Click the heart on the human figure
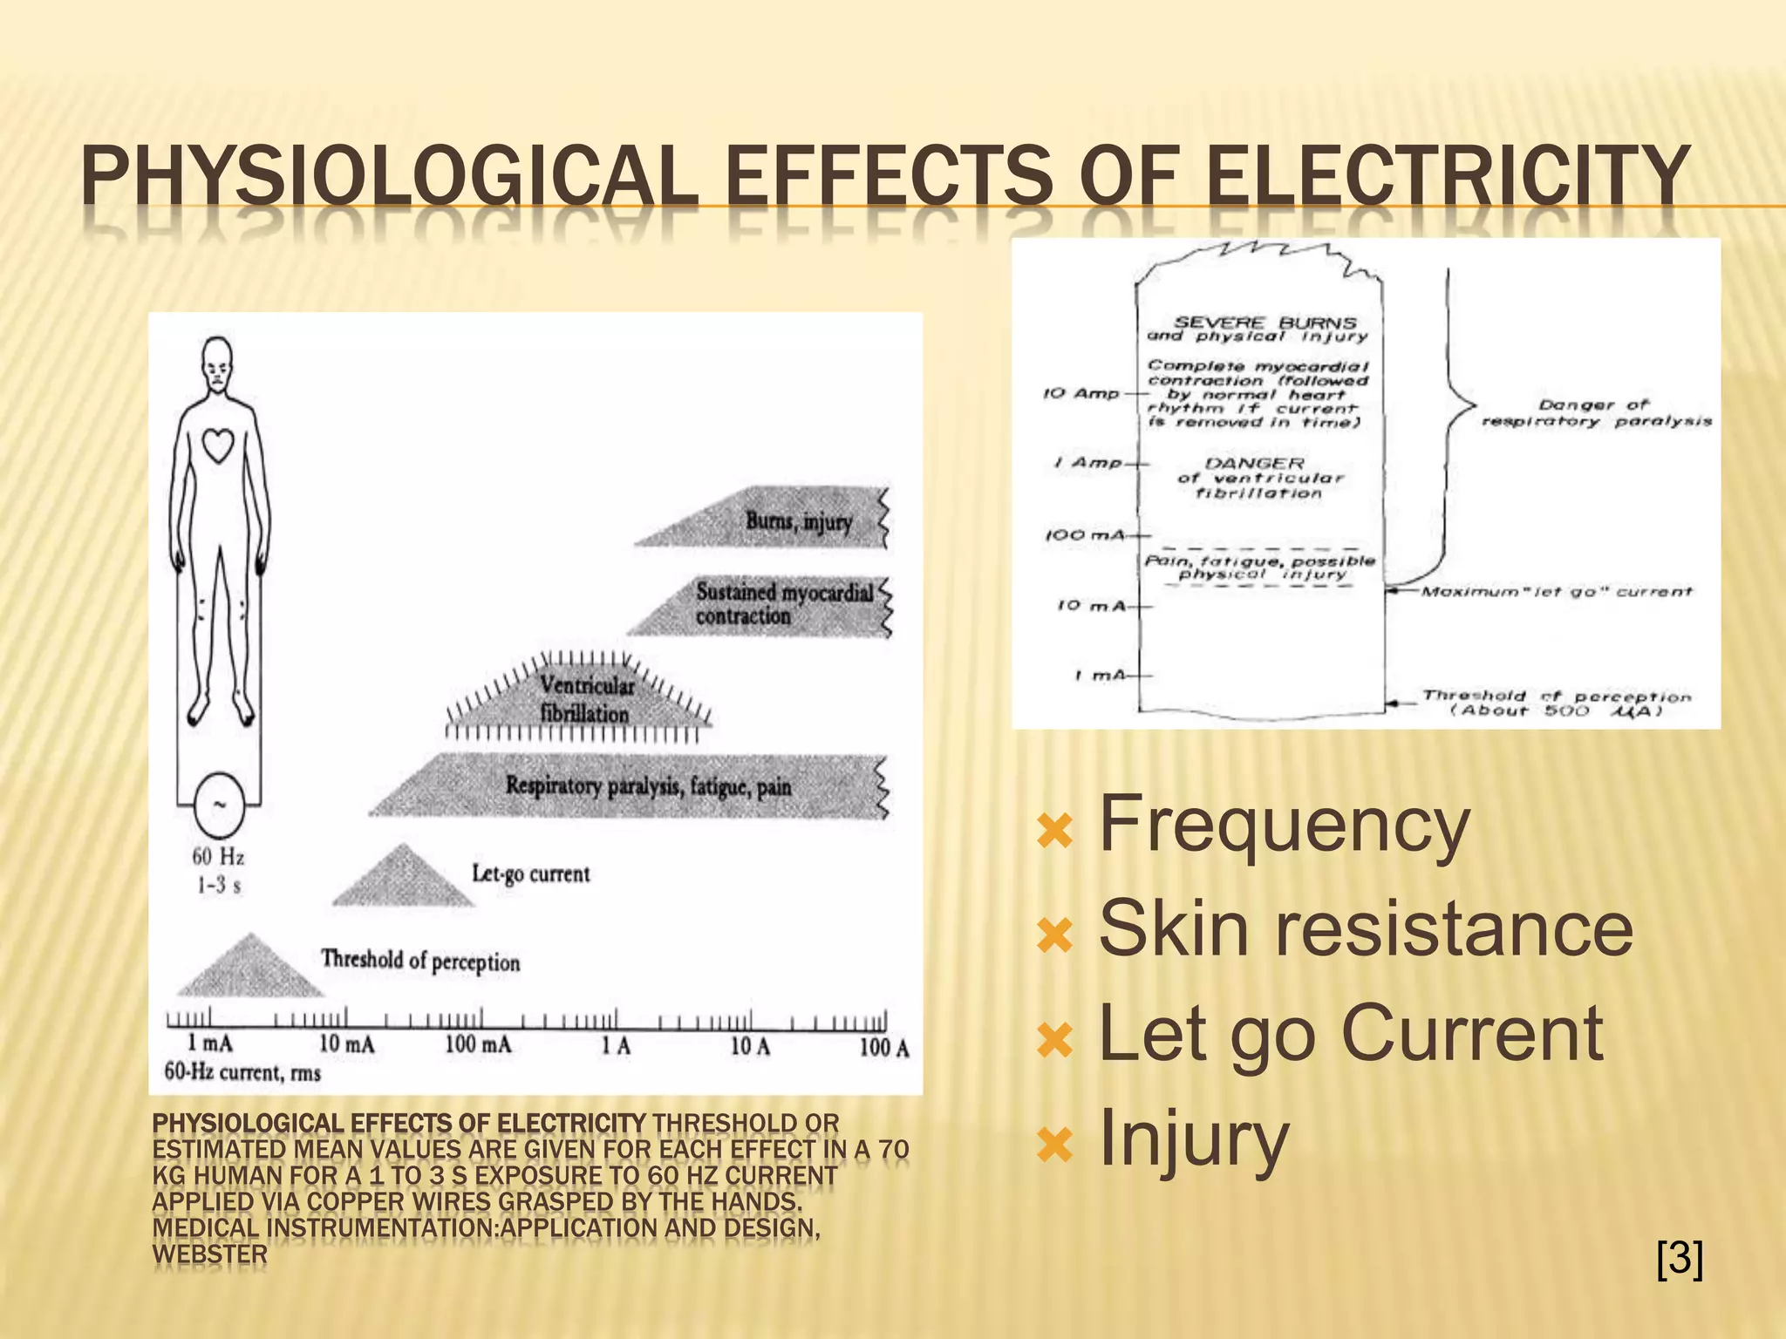point(218,445)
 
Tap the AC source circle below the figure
point(218,805)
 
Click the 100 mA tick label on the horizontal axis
point(478,1044)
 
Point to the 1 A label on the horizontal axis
point(616,1045)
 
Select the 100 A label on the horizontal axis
point(883,1047)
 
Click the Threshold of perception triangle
point(250,969)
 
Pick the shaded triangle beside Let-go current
point(403,879)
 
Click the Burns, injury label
point(799,521)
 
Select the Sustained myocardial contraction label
point(783,603)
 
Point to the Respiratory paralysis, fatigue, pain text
point(649,786)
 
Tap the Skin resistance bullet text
point(1366,928)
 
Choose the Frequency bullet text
point(1285,824)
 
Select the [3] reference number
point(1679,1258)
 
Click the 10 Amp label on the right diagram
point(1081,393)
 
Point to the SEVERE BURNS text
point(1265,323)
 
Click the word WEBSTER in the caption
point(209,1254)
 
